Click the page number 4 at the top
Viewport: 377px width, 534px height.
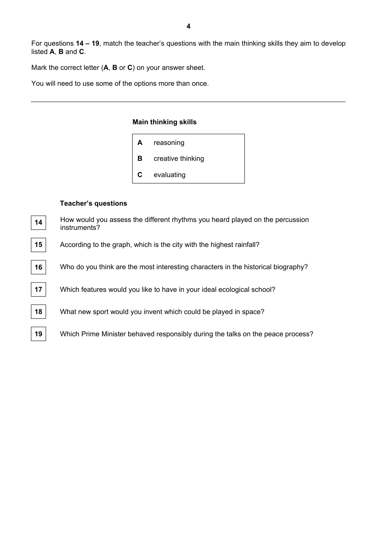click(x=188, y=26)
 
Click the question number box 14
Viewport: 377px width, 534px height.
click(x=38, y=222)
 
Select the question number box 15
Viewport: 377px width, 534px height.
click(x=38, y=245)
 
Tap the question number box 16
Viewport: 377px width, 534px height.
click(x=38, y=267)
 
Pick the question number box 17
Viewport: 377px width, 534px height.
click(x=38, y=289)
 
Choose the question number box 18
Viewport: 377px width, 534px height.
click(x=38, y=312)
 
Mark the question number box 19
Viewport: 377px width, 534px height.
click(x=38, y=334)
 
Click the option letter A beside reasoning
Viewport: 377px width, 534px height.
click(x=140, y=143)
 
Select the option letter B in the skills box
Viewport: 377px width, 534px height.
click(x=140, y=158)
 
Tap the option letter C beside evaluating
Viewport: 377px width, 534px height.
click(x=140, y=175)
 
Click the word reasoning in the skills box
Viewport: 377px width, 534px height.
click(x=169, y=143)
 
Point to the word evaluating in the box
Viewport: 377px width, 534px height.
click(x=169, y=175)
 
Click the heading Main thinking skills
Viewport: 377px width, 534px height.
click(x=164, y=122)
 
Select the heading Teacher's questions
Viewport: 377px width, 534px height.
click(x=93, y=203)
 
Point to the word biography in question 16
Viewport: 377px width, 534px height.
click(x=290, y=267)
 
